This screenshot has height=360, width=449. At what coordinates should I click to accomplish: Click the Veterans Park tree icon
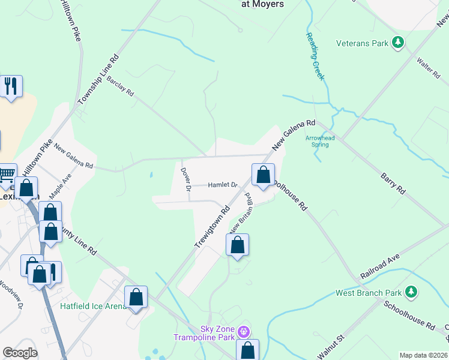pyautogui.click(x=397, y=43)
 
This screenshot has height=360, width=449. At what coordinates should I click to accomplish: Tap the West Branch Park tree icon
pyautogui.click(x=411, y=292)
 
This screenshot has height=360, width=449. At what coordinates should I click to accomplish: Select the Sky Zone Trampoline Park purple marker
pyautogui.click(x=243, y=331)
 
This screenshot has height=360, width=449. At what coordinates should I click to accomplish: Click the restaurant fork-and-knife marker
pyautogui.click(x=11, y=86)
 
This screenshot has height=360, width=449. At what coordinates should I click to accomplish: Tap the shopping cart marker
pyautogui.click(x=7, y=175)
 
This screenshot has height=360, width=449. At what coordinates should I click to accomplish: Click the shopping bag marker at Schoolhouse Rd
pyautogui.click(x=263, y=175)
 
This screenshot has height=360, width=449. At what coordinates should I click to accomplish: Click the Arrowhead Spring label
pyautogui.click(x=320, y=141)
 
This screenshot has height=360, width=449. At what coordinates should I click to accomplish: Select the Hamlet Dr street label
pyautogui.click(x=223, y=185)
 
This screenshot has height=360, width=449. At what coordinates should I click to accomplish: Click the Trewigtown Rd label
pyautogui.click(x=212, y=227)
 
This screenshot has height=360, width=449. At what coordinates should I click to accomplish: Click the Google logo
pyautogui.click(x=20, y=353)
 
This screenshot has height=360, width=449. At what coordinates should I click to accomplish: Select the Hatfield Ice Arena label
pyautogui.click(x=93, y=306)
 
